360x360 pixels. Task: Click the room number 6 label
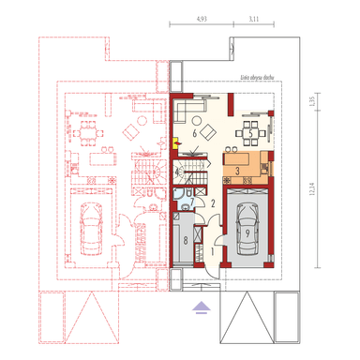click(x=194, y=134)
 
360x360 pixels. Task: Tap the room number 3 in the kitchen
click(x=238, y=170)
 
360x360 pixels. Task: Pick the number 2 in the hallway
click(x=214, y=202)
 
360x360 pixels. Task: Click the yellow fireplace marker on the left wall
click(x=175, y=142)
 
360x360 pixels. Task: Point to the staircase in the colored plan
click(x=191, y=172)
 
